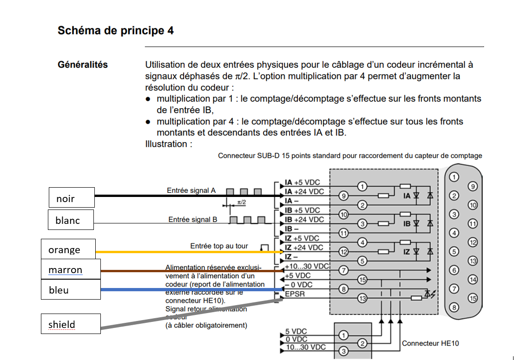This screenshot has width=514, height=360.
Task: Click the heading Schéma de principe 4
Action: click(x=116, y=31)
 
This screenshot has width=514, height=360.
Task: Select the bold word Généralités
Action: click(x=83, y=65)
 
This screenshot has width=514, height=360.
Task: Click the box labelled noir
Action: click(x=72, y=198)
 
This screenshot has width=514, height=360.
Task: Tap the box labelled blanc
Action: click(x=71, y=220)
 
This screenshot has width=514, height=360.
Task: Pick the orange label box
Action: click(x=68, y=249)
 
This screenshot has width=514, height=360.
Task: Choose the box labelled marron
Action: click(x=69, y=269)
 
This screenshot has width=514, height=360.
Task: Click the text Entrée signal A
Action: click(x=191, y=190)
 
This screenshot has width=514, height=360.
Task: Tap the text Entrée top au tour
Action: click(x=219, y=246)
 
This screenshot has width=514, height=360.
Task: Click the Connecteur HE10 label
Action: click(x=430, y=343)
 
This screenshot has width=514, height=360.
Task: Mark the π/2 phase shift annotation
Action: click(x=242, y=203)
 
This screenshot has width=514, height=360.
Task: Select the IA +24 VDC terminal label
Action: click(x=304, y=191)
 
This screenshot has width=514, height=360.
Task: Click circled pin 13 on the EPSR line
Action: click(x=362, y=298)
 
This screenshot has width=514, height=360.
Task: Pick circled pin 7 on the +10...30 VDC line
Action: click(x=344, y=270)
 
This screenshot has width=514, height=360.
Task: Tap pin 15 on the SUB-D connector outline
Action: click(x=473, y=298)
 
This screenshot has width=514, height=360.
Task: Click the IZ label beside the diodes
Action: click(x=407, y=252)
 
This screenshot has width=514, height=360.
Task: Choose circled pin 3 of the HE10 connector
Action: click(x=344, y=351)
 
